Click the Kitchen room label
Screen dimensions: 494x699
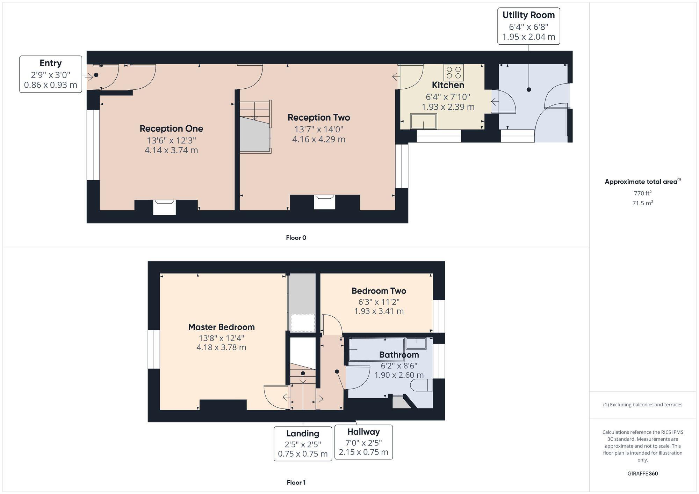pyautogui.click(x=448, y=85)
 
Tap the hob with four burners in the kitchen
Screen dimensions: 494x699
pyautogui.click(x=454, y=73)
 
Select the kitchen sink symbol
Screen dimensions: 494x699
pyautogui.click(x=424, y=121)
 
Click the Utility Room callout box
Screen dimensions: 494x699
pyautogui.click(x=528, y=26)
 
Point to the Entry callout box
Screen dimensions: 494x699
pyautogui.click(x=51, y=74)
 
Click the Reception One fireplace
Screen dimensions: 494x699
pyautogui.click(x=164, y=207)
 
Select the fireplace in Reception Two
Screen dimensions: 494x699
pyautogui.click(x=324, y=202)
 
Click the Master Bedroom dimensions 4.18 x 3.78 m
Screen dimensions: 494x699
pyautogui.click(x=221, y=347)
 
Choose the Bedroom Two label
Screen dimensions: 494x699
pyautogui.click(x=379, y=290)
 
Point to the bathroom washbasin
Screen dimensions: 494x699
pyautogui.click(x=416, y=343)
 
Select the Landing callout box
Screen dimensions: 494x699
pyautogui.click(x=303, y=444)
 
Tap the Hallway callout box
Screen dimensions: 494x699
pyautogui.click(x=363, y=442)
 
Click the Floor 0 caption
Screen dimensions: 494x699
pyautogui.click(x=296, y=238)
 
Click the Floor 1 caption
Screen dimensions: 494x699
pyautogui.click(x=296, y=482)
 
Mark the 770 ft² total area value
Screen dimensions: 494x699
pyautogui.click(x=642, y=193)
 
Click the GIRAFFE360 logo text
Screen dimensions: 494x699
pyautogui.click(x=642, y=474)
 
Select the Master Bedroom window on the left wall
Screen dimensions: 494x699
pyautogui.click(x=154, y=349)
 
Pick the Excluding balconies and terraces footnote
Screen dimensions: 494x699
pyautogui.click(x=642, y=405)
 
